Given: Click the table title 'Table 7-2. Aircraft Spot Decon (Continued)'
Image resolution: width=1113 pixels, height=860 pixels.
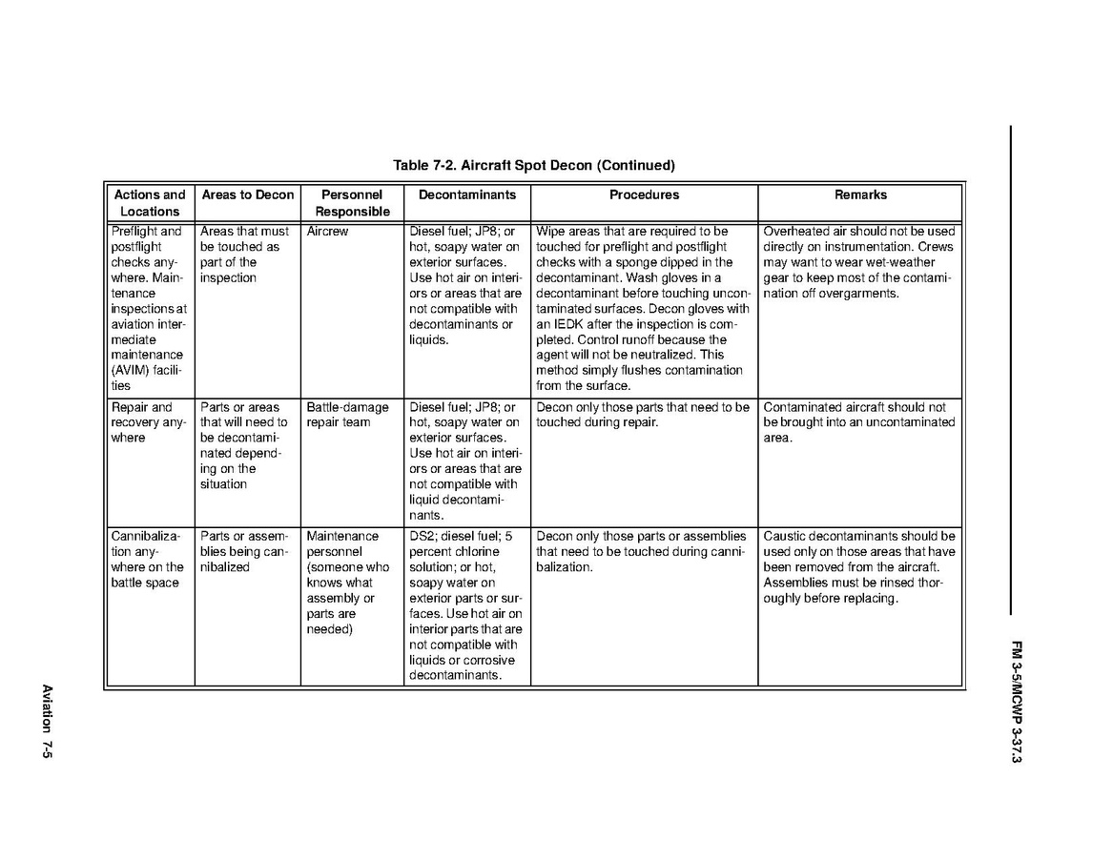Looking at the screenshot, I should pyautogui.click(x=533, y=165).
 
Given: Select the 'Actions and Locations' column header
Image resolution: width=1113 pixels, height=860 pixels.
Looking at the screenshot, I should pyautogui.click(x=150, y=203).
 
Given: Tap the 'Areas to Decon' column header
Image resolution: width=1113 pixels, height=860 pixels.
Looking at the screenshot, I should pyautogui.click(x=248, y=195).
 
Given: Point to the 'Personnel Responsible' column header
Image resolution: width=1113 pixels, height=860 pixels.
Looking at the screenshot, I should pyautogui.click(x=352, y=203).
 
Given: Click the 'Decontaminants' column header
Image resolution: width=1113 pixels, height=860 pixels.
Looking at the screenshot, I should pyautogui.click(x=466, y=195).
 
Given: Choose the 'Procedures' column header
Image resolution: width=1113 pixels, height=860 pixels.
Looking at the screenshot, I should pyautogui.click(x=644, y=195).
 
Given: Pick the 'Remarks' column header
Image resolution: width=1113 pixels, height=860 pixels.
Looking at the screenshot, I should pyautogui.click(x=860, y=195).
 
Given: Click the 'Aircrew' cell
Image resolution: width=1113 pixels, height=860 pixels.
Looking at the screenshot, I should pyautogui.click(x=327, y=232).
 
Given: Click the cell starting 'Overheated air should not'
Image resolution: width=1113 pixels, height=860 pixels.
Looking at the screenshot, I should pyautogui.click(x=859, y=262).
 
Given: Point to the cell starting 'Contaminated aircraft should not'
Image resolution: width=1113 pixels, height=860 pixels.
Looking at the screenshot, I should pyautogui.click(x=859, y=422).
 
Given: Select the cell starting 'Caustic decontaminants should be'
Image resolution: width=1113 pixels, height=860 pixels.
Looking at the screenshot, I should pyautogui.click(x=859, y=567).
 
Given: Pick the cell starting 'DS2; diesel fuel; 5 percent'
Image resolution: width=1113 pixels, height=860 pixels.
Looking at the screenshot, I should pyautogui.click(x=465, y=605).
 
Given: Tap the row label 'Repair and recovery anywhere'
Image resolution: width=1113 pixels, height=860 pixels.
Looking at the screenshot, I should pyautogui.click(x=148, y=422).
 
